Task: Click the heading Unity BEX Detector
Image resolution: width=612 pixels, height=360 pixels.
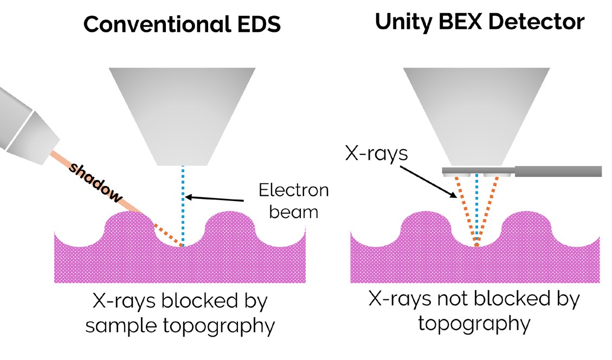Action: coord(480,22)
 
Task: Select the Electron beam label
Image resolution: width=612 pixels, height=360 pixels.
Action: coord(293,201)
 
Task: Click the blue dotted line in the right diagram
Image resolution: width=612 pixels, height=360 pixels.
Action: coord(476,211)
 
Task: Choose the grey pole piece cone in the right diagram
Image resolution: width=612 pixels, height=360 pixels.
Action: coord(476,114)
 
